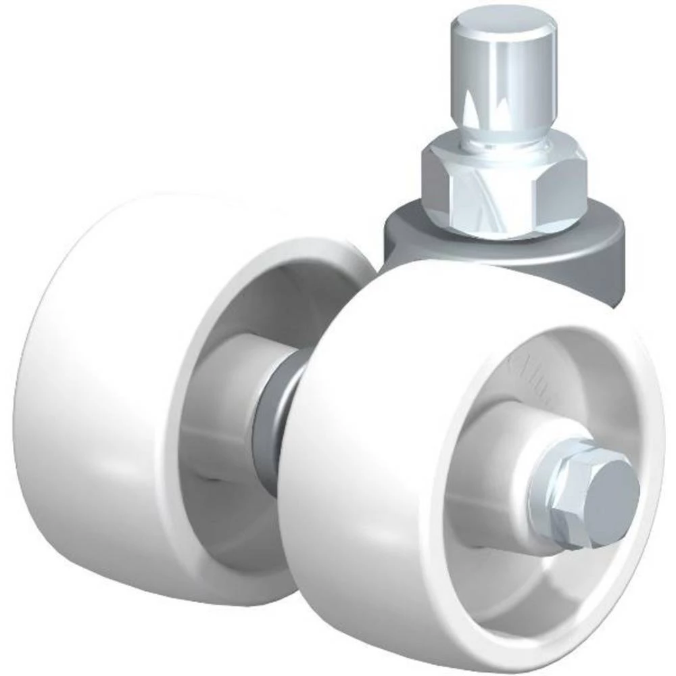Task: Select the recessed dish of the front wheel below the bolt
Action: pos(500,581)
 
